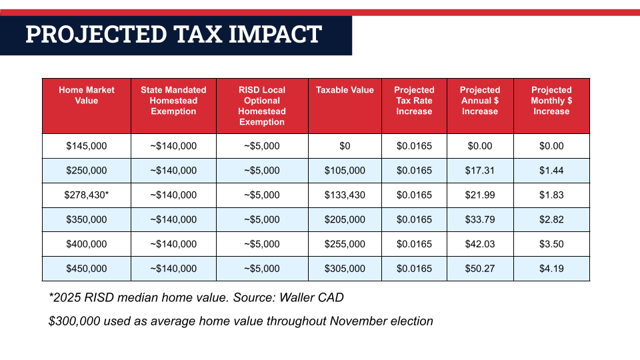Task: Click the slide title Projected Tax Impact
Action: pyautogui.click(x=173, y=34)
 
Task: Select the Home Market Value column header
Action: pyautogui.click(x=87, y=95)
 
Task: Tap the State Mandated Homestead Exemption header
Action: pyautogui.click(x=173, y=101)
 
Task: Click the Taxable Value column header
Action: pyautogui.click(x=345, y=90)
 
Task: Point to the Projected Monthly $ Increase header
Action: pyautogui.click(x=551, y=101)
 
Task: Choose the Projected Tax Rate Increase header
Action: pyautogui.click(x=414, y=101)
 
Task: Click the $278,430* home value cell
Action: pyautogui.click(x=87, y=195)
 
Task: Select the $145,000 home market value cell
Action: pyautogui.click(x=87, y=146)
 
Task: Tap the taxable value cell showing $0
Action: pyautogui.click(x=345, y=146)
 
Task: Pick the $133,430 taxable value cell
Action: pyautogui.click(x=345, y=195)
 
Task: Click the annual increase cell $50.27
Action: pyautogui.click(x=480, y=269)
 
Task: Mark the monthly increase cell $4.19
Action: pyautogui.click(x=551, y=269)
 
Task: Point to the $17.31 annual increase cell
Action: pyautogui.click(x=480, y=171)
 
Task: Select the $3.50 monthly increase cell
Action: pyautogui.click(x=551, y=244)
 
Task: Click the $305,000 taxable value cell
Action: pyautogui.click(x=345, y=269)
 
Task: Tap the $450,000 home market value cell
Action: pyautogui.click(x=87, y=269)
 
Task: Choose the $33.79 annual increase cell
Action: pyautogui.click(x=480, y=219)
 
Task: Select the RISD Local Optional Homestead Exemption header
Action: pyautogui.click(x=262, y=106)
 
